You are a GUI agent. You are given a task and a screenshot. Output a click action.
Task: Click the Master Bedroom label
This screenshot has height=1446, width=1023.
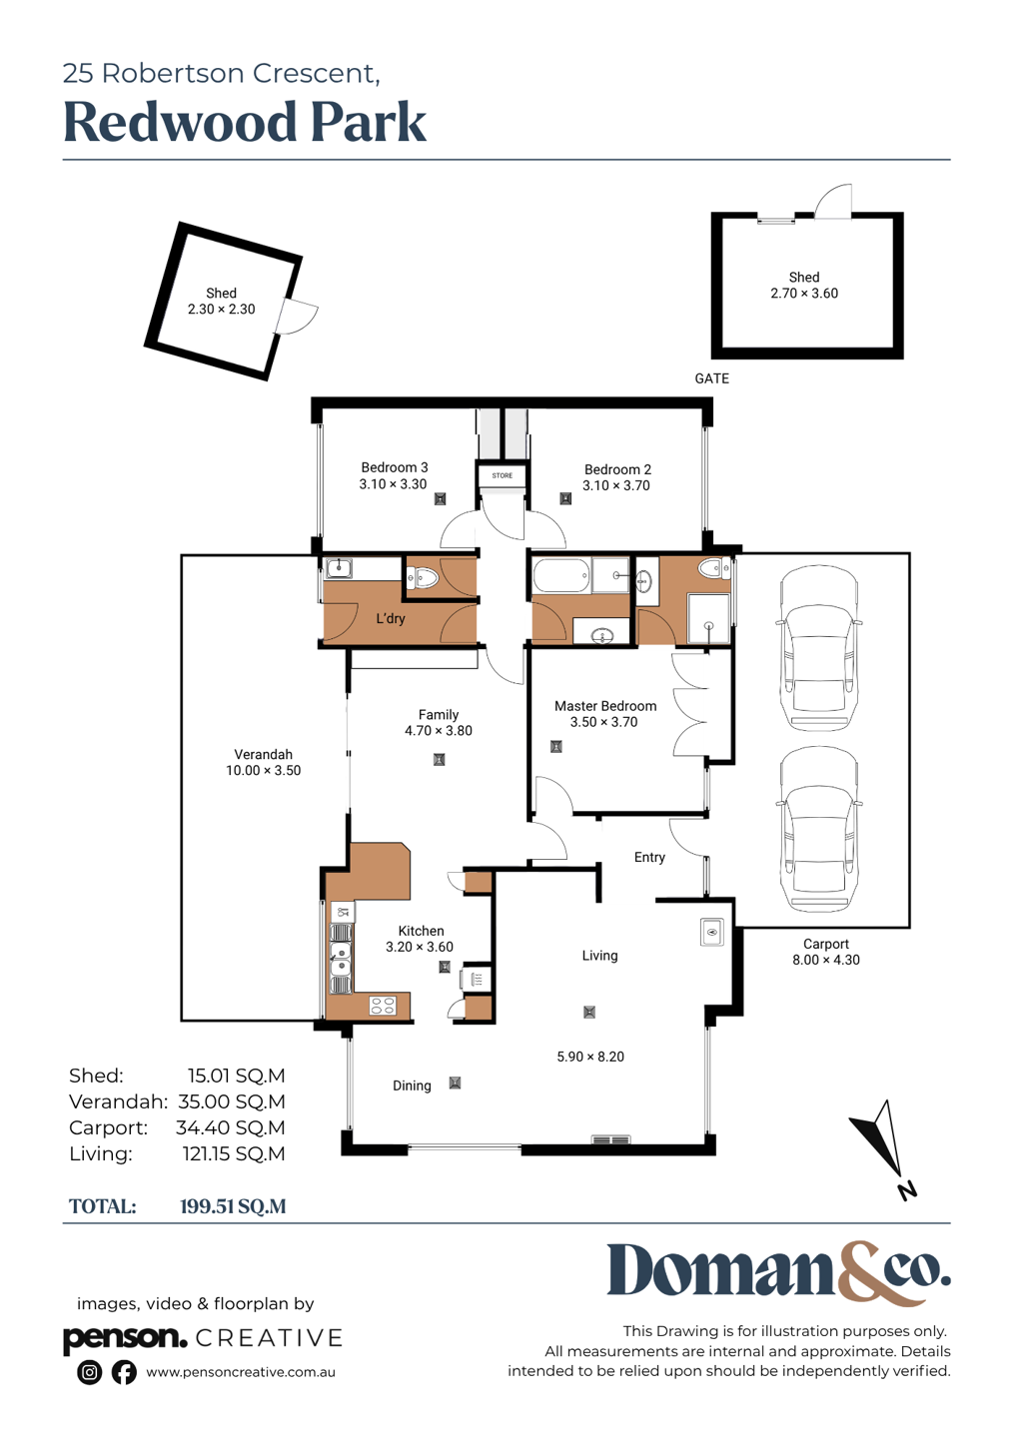(x=605, y=706)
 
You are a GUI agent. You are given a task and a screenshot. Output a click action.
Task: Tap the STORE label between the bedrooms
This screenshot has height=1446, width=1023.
(x=502, y=475)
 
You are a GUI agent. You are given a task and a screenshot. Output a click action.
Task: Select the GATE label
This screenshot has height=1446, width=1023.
(x=711, y=378)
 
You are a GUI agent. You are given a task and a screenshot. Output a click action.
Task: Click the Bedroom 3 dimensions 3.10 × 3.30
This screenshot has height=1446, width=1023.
(x=393, y=484)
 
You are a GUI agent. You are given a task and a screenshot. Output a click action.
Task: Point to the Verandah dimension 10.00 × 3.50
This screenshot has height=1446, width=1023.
(x=264, y=770)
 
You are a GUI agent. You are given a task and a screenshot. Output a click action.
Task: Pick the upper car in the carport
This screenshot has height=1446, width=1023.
(x=819, y=649)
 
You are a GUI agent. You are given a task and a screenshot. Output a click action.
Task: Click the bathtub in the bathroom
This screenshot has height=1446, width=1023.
(x=561, y=576)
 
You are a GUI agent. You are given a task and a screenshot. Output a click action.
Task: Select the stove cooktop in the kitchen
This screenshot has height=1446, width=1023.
(x=383, y=1005)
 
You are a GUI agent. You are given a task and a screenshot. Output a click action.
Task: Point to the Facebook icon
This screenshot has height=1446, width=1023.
(x=124, y=1372)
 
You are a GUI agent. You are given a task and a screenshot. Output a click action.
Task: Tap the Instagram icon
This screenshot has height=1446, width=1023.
(x=89, y=1372)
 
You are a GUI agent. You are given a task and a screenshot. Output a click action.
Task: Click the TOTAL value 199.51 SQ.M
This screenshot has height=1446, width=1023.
(x=233, y=1206)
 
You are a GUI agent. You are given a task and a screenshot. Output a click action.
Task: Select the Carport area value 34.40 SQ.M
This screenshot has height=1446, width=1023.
(x=231, y=1127)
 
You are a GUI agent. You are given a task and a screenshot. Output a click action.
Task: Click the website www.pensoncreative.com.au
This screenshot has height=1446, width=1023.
(x=241, y=1373)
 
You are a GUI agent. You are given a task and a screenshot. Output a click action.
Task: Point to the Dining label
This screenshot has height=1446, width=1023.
(x=412, y=1085)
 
